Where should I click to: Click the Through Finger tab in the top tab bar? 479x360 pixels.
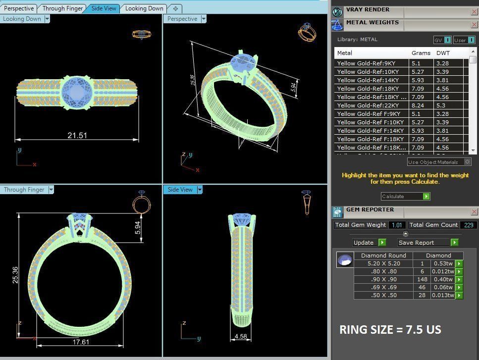pyautogui.click(x=62, y=8)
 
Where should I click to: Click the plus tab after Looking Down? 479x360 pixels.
pyautogui.click(x=175, y=8)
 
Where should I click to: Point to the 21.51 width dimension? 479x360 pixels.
pyautogui.click(x=77, y=135)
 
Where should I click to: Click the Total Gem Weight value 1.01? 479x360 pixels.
pyautogui.click(x=396, y=225)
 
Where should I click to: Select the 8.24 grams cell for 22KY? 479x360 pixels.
pyautogui.click(x=421, y=105)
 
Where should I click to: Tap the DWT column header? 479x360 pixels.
pyautogui.click(x=443, y=53)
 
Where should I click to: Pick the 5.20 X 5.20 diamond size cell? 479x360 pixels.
pyautogui.click(x=383, y=263)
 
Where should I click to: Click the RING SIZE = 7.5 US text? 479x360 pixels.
pyautogui.click(x=390, y=329)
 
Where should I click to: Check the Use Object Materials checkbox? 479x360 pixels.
pyautogui.click(x=467, y=162)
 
